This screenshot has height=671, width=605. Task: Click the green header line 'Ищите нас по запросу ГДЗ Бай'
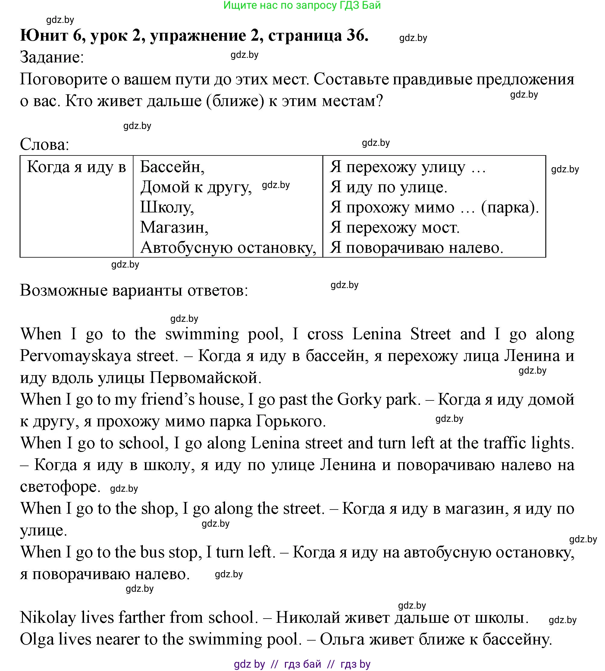pyautogui.click(x=302, y=5)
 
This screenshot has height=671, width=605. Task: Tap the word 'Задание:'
pyautogui.click(x=52, y=57)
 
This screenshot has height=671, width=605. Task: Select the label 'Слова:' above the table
pyautogui.click(x=45, y=145)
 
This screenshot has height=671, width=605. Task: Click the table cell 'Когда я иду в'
pyautogui.click(x=77, y=167)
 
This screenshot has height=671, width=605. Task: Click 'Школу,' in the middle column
pyautogui.click(x=167, y=207)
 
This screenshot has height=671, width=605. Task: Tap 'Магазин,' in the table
pyautogui.click(x=174, y=228)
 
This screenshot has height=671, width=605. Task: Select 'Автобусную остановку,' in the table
pyautogui.click(x=228, y=248)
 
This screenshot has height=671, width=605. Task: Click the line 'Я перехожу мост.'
pyautogui.click(x=395, y=228)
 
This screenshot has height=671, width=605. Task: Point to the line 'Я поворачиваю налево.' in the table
pyautogui.click(x=416, y=248)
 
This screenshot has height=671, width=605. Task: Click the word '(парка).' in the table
pyautogui.click(x=509, y=208)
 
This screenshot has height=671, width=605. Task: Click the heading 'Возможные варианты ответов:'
pyautogui.click(x=134, y=290)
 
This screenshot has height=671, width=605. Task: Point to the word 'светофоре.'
pyautogui.click(x=60, y=487)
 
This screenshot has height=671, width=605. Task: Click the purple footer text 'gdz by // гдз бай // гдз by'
pyautogui.click(x=302, y=664)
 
